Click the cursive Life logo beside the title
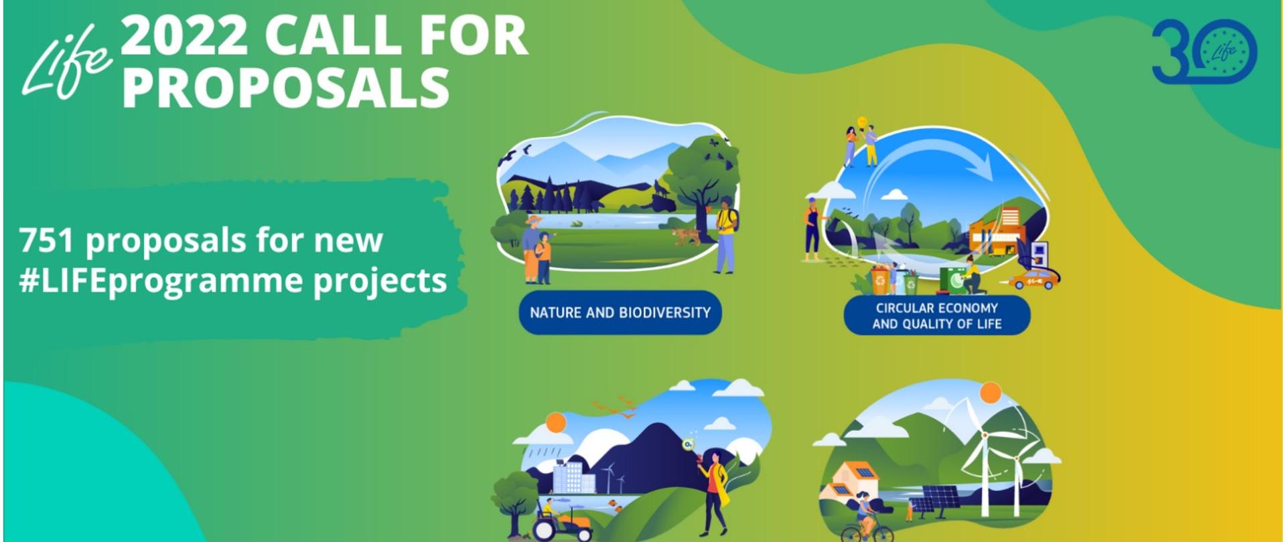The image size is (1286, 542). pyautogui.click(x=66, y=67)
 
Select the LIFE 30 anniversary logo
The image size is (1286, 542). pyautogui.click(x=1204, y=52)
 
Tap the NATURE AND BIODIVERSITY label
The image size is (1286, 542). pyautogui.click(x=620, y=312)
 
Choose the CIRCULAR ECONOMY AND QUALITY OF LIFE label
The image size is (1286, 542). pyautogui.click(x=936, y=316)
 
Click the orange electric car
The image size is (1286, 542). pyautogui.click(x=1035, y=278)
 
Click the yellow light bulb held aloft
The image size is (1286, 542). pyautogui.click(x=863, y=121)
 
